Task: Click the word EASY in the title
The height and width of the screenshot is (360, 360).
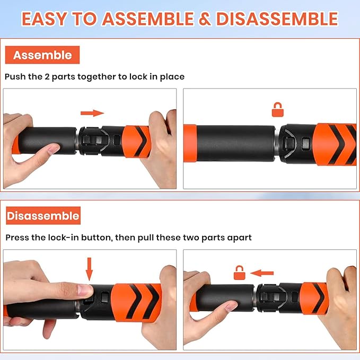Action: pyautogui.click(x=45, y=19)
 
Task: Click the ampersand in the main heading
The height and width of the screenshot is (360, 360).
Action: pyautogui.click(x=205, y=19)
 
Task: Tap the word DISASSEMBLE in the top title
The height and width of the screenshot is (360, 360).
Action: pyautogui.click(x=277, y=19)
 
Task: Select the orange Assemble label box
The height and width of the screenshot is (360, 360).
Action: pyautogui.click(x=42, y=55)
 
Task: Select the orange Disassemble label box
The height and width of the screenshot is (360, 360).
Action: pyautogui.click(x=43, y=216)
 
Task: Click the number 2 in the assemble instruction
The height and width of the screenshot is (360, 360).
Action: pyautogui.click(x=47, y=77)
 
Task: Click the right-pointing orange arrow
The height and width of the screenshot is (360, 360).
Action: pyautogui.click(x=92, y=113)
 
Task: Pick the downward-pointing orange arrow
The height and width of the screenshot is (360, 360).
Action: pyautogui.click(x=89, y=269)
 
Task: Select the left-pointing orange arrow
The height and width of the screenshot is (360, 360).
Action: pyautogui.click(x=262, y=273)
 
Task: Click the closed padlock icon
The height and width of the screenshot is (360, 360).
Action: pyautogui.click(x=278, y=110)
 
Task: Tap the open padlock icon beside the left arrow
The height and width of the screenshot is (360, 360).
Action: pyautogui.click(x=240, y=273)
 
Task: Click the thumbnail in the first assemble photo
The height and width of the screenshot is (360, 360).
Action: pyautogui.click(x=53, y=149)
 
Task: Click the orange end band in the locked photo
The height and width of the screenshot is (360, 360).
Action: pyautogui.click(x=190, y=143)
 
